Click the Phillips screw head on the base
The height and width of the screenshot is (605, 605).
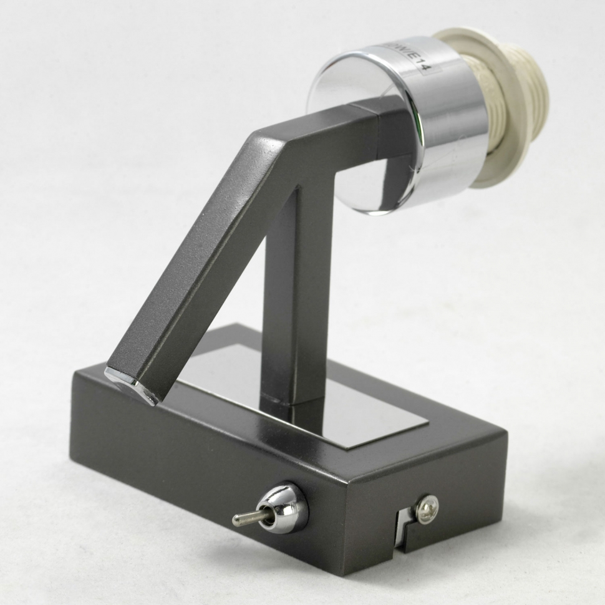click(427, 509)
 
